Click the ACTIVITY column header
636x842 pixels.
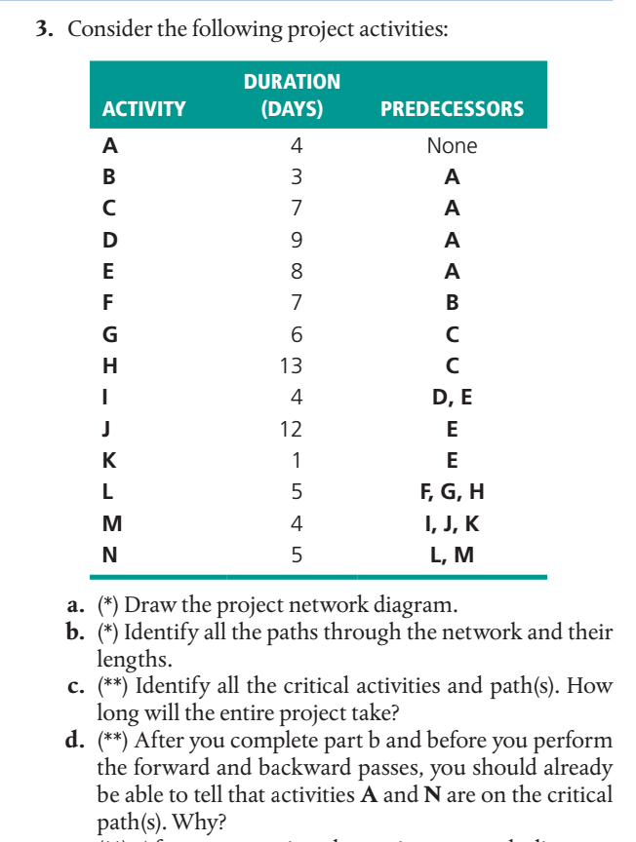[143, 109]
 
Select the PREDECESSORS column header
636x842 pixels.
[452, 109]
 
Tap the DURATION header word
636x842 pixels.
[292, 82]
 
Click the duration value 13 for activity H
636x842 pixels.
[292, 366]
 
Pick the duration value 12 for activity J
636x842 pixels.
[292, 429]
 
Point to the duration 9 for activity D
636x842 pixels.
[297, 240]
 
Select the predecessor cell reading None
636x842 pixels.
[452, 146]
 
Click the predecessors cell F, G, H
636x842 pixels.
[452, 492]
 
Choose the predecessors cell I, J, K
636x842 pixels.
[452, 524]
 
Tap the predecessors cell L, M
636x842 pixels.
[452, 555]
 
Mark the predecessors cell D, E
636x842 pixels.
[452, 398]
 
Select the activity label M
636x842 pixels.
[112, 524]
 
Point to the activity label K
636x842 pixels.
[110, 461]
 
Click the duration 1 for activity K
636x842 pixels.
[297, 461]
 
